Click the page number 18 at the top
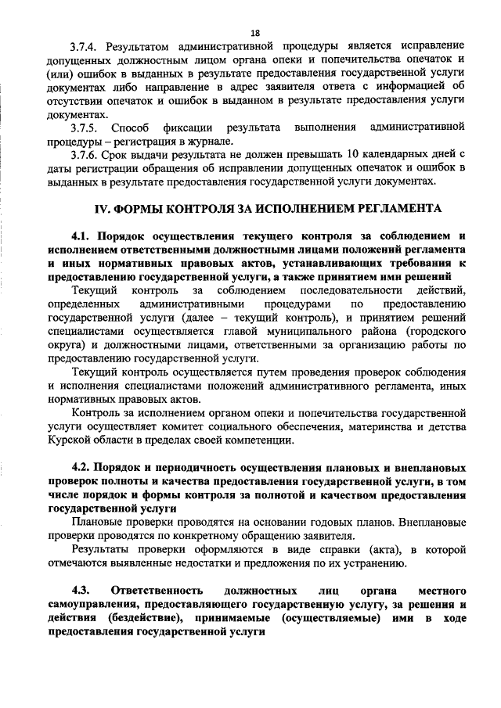[255, 33]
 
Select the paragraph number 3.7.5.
[85, 127]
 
